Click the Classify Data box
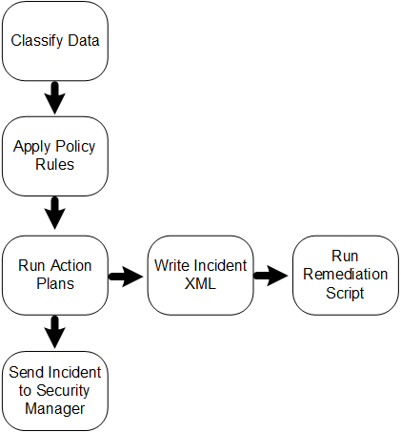coord(55,41)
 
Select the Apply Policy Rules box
coord(55,156)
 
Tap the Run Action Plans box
coord(55,276)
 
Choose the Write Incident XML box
coord(200,276)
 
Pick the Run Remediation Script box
coord(346,276)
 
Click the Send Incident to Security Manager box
coord(55,391)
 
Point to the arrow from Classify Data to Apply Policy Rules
coord(55,98)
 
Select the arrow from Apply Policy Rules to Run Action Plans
coord(55,214)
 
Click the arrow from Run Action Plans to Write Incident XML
coord(126,277)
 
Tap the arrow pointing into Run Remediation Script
coord(271,276)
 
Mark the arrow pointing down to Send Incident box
coord(55,332)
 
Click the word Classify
coord(37,41)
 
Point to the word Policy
coord(76,147)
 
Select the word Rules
coord(55,164)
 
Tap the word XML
coord(200,283)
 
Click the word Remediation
coord(346,275)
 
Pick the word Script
coord(345,293)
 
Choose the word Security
coord(63,391)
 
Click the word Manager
coord(55,409)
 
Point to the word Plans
coord(55,283)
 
